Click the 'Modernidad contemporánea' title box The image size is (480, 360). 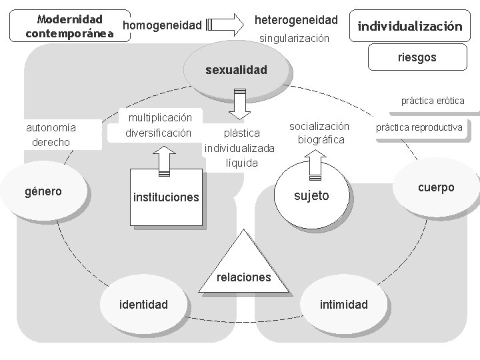click(x=65, y=25)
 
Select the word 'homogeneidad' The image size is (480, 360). click(x=163, y=25)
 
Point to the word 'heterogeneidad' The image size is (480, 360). click(x=297, y=21)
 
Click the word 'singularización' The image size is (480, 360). click(x=295, y=39)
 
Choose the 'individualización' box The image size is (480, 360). click(x=410, y=27)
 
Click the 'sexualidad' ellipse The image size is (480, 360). click(x=236, y=69)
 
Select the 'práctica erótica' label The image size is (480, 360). click(x=433, y=101)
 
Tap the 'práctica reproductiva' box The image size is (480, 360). click(x=419, y=127)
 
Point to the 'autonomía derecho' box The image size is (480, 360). click(x=51, y=135)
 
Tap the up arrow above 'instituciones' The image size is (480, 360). click(x=164, y=158)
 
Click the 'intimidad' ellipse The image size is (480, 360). click(x=343, y=305)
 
